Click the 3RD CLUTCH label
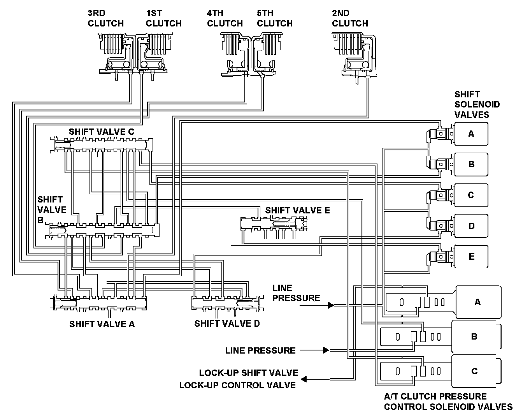(x=105, y=18)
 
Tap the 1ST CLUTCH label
(x=163, y=18)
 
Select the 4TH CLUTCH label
(x=225, y=18)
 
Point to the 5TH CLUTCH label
(x=275, y=18)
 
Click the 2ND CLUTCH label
(x=350, y=18)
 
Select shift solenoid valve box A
(x=471, y=134)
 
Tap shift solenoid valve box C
(x=471, y=195)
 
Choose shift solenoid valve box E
(x=471, y=257)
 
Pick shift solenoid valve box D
(x=471, y=226)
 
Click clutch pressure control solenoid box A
(x=478, y=302)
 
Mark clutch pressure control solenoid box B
(x=474, y=336)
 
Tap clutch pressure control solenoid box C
(x=474, y=371)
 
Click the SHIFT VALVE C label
(x=102, y=132)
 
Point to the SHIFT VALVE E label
(x=297, y=210)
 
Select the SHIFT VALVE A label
(x=102, y=324)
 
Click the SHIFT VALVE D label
(x=227, y=324)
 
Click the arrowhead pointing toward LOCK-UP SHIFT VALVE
(x=304, y=379)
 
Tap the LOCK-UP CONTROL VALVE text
(x=237, y=385)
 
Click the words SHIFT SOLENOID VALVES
(x=477, y=105)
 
